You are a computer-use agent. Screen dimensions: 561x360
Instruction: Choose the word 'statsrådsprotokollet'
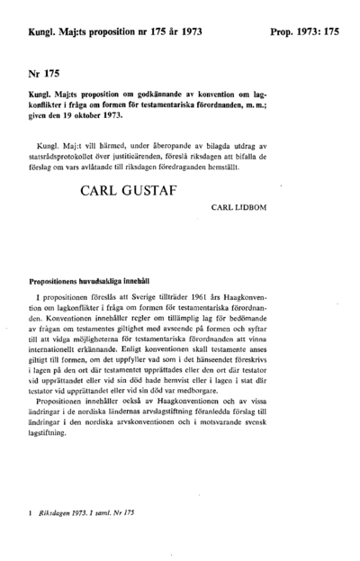click(64, 156)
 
